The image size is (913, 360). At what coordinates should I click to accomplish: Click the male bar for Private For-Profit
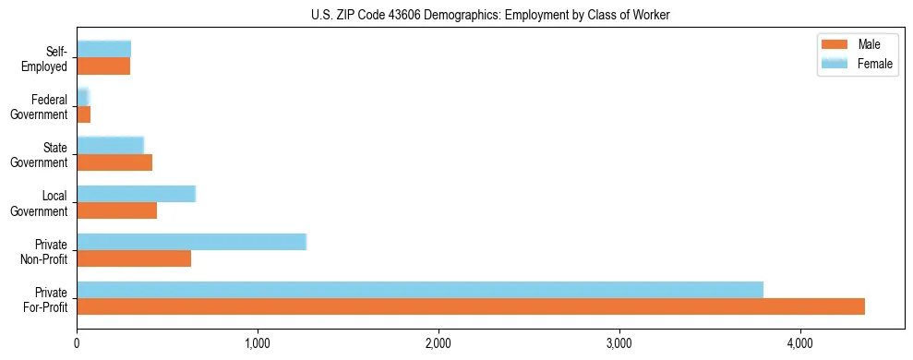[x=471, y=306]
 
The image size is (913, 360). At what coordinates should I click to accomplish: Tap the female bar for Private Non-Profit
[x=191, y=242]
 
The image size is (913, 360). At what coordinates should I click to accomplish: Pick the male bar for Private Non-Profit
[x=134, y=258]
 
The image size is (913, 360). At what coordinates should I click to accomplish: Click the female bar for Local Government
[x=136, y=194]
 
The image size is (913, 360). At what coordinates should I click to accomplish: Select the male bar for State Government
[x=114, y=162]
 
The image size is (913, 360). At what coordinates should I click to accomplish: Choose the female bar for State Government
[x=110, y=145]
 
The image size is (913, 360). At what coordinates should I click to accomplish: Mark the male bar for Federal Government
[x=83, y=114]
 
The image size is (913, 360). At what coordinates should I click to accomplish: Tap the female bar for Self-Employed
[x=103, y=49]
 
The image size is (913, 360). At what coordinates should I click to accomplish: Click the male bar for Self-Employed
[x=103, y=66]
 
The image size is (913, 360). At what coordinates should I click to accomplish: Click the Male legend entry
[x=868, y=45]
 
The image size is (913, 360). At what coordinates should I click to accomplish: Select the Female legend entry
[x=874, y=63]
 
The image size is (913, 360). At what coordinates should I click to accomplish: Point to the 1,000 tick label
[x=258, y=344]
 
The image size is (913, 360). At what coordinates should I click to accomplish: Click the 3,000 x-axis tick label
[x=619, y=344]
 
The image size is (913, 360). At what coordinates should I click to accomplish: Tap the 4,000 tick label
[x=800, y=344]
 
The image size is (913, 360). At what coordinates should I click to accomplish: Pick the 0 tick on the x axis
[x=77, y=344]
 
